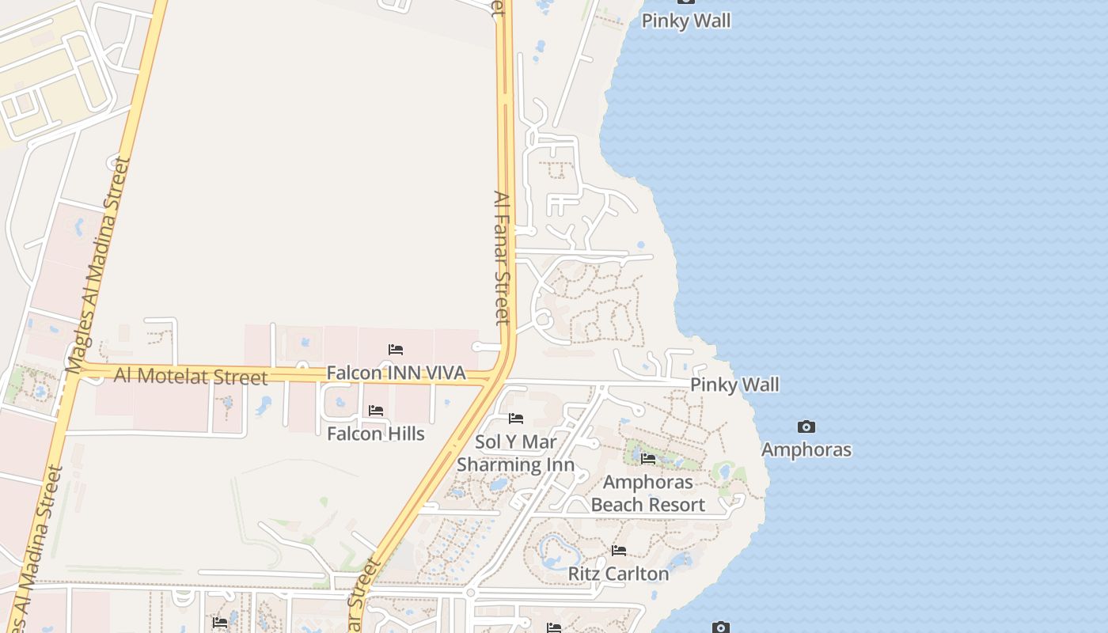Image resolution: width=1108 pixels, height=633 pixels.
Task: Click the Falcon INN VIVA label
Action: (396, 373)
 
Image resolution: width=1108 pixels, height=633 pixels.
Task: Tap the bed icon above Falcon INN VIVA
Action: (396, 349)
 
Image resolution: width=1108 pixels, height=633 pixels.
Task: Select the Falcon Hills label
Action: (376, 434)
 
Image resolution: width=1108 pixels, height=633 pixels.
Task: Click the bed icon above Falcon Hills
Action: (376, 411)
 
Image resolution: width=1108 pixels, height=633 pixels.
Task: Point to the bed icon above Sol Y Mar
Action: (516, 419)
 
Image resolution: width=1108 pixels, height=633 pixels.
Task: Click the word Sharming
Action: (493, 464)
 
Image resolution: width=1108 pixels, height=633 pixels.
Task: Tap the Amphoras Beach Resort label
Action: (647, 493)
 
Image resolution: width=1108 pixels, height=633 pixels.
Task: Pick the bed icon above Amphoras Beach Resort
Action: (648, 459)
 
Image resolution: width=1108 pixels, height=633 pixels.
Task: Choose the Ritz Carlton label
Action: (618, 574)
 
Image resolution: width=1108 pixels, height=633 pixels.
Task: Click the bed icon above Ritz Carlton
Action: (619, 551)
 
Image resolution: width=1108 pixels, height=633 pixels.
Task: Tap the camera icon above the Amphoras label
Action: (806, 427)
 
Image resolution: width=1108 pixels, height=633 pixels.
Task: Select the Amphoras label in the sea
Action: (806, 450)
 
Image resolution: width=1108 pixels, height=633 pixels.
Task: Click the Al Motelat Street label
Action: (191, 376)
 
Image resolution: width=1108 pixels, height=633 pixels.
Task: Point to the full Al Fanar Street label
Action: (503, 257)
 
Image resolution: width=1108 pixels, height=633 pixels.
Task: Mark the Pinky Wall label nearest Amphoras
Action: (734, 385)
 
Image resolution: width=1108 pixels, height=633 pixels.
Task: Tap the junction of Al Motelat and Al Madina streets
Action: (73, 370)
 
